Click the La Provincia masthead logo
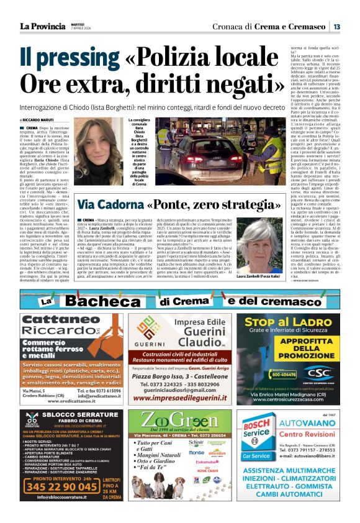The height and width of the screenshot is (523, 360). (42, 26)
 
